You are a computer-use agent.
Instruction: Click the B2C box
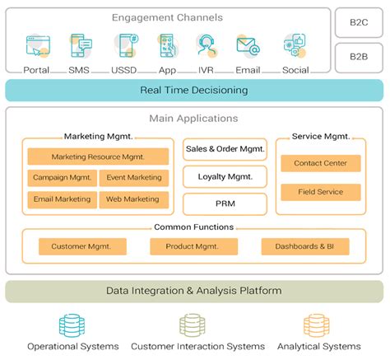click(x=359, y=23)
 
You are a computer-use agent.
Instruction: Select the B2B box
click(x=359, y=58)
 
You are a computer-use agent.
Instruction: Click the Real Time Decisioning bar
click(x=194, y=90)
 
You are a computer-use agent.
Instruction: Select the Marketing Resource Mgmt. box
click(x=98, y=157)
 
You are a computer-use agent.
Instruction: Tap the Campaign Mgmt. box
click(x=62, y=177)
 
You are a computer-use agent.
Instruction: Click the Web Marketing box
click(x=133, y=199)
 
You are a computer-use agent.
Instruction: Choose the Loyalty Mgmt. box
click(x=225, y=176)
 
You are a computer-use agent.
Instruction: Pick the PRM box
click(x=225, y=203)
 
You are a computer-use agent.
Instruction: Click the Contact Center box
click(x=320, y=163)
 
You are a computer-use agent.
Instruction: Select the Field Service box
click(x=320, y=192)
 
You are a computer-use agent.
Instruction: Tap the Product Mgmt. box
click(x=193, y=246)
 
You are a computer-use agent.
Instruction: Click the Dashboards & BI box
click(x=304, y=246)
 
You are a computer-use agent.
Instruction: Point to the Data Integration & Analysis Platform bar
click(x=194, y=291)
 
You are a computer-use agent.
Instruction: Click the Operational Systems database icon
click(x=72, y=324)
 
